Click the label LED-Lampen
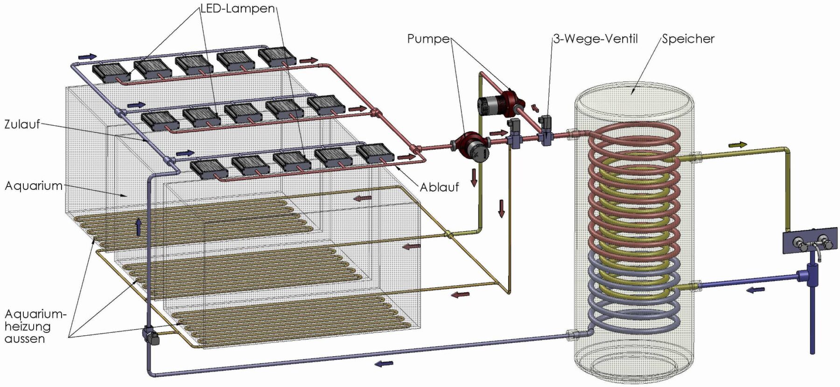pyautogui.click(x=238, y=9)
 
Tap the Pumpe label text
pyautogui.click(x=428, y=39)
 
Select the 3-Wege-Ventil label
pyautogui.click(x=595, y=39)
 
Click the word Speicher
pyautogui.click(x=688, y=39)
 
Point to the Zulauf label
pyautogui.click(x=22, y=124)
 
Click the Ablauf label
pyautogui.click(x=439, y=187)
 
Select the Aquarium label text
pyautogui.click(x=33, y=186)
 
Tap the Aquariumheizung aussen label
pyautogui.click(x=33, y=326)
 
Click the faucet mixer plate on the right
pyautogui.click(x=809, y=241)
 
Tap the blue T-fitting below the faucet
pyautogui.click(x=811, y=276)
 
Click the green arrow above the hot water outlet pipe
pyautogui.click(x=737, y=145)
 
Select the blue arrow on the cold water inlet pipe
pyautogui.click(x=756, y=290)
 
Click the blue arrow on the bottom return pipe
pyautogui.click(x=384, y=363)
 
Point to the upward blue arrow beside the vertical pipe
pyautogui.click(x=138, y=227)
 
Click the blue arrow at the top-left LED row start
pyautogui.click(x=87, y=56)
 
